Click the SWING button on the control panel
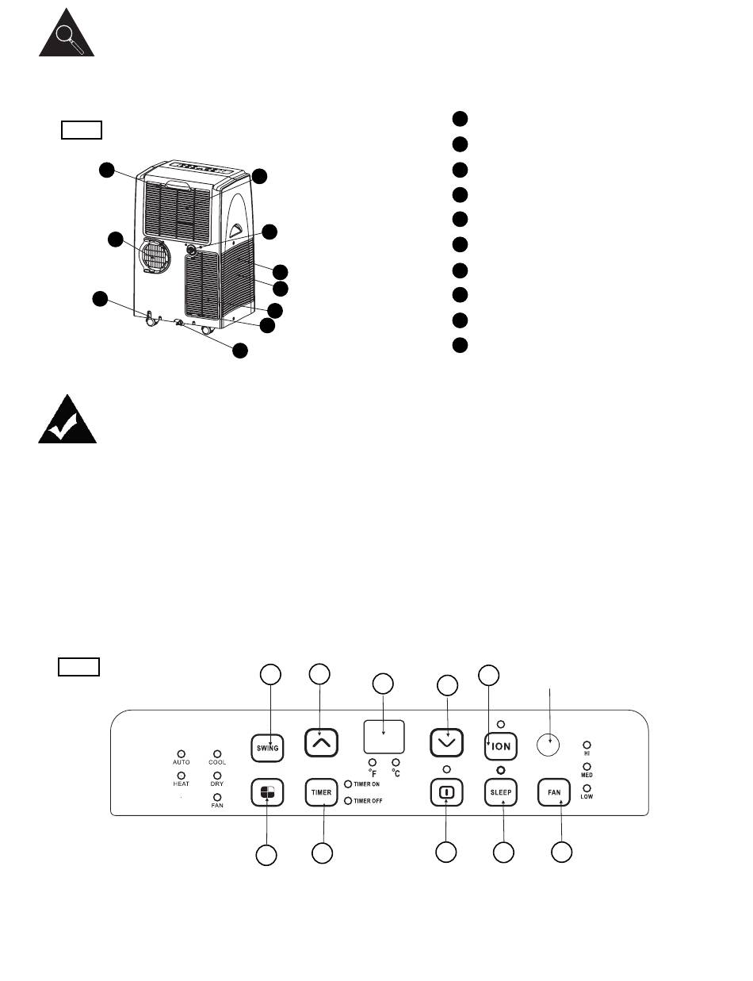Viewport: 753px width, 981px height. coord(267,748)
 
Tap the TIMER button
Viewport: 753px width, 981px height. coord(321,791)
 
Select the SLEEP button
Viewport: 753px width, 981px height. coord(500,791)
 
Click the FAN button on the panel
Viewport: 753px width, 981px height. coord(554,791)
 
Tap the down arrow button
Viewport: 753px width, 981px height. coord(446,742)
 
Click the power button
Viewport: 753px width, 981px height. coord(446,791)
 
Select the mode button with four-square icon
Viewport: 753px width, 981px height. coord(267,791)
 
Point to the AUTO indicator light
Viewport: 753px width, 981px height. coord(182,754)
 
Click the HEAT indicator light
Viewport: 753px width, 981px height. coord(182,776)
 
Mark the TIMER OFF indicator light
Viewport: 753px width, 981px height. coord(348,800)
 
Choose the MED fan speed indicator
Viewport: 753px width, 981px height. coord(587,767)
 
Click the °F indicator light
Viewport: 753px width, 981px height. coord(373,762)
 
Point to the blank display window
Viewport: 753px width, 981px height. coord(384,737)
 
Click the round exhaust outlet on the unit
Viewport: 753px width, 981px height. coord(155,256)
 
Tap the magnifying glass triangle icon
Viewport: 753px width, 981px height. coord(67,33)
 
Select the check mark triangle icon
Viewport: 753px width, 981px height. coord(67,419)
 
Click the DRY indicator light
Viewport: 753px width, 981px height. coord(217,776)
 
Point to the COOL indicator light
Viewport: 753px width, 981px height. coord(217,754)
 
